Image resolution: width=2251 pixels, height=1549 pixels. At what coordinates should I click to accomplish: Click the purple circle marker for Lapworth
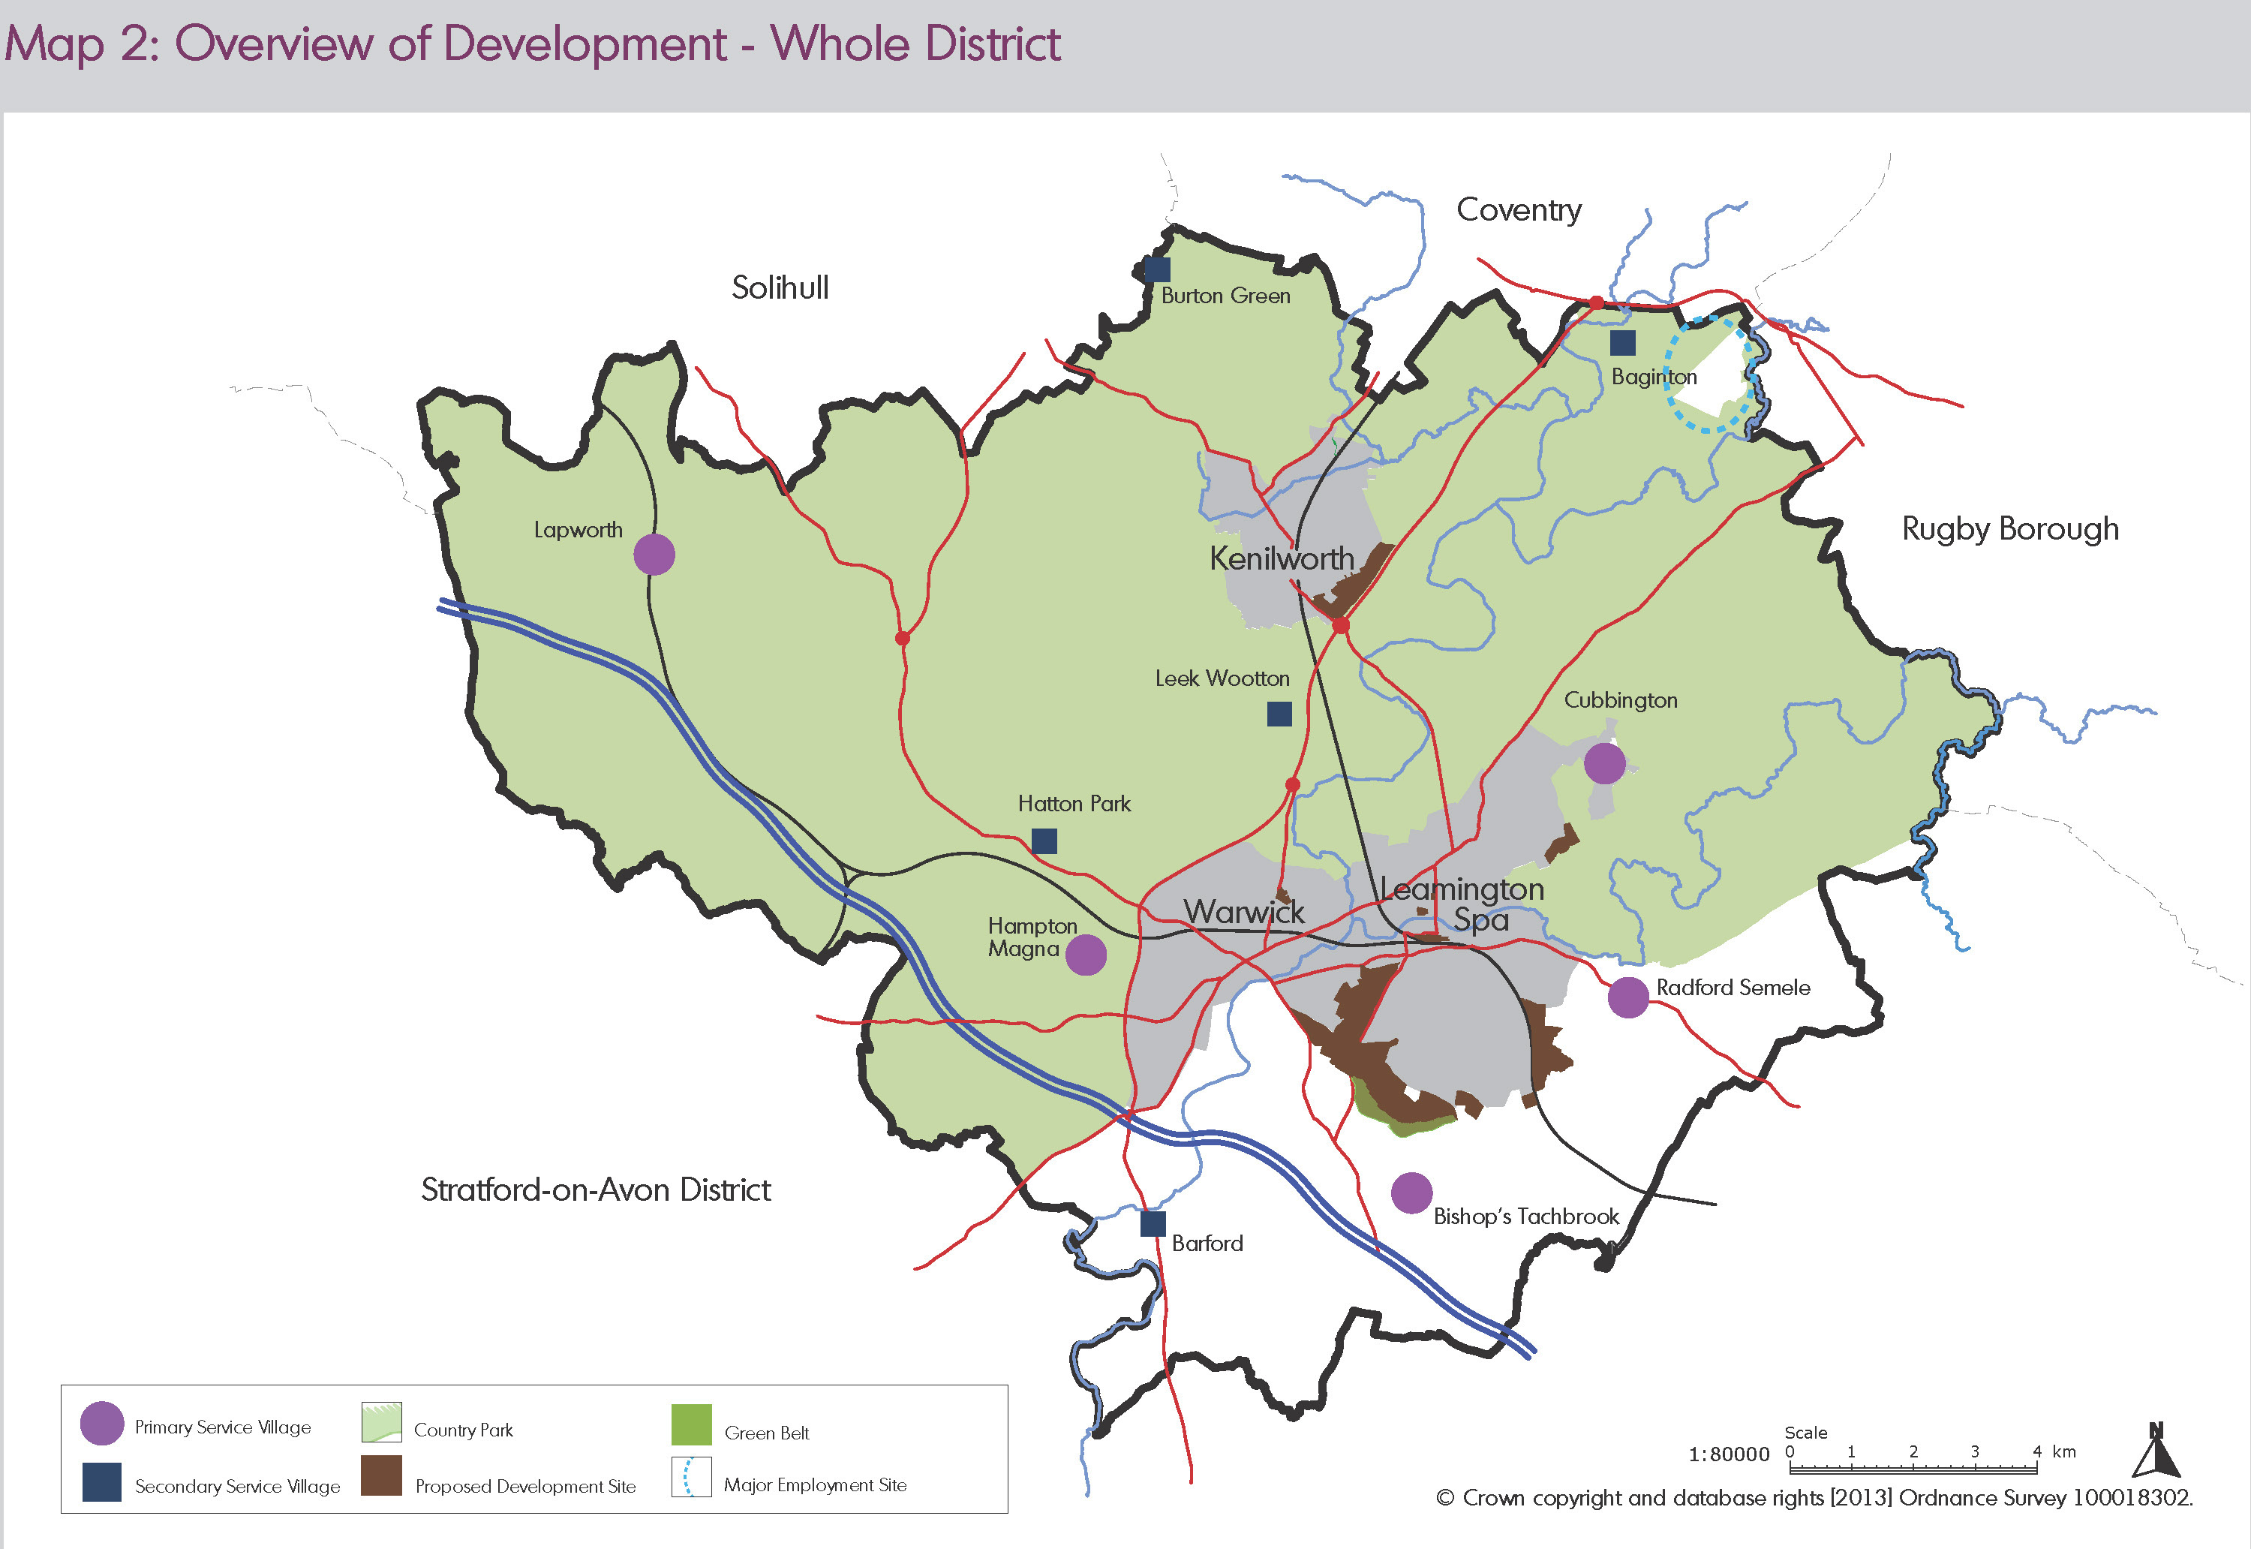tap(654, 554)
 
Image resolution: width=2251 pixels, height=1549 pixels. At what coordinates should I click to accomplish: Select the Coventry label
tap(1519, 209)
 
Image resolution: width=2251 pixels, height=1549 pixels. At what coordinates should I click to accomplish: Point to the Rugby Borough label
tap(2009, 529)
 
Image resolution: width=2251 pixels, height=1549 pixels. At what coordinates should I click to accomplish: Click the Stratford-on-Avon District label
tap(596, 1190)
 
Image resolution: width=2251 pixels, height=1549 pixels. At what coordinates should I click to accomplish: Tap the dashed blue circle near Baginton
tap(1712, 374)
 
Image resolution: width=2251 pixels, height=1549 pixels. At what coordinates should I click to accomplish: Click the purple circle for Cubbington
tap(1604, 762)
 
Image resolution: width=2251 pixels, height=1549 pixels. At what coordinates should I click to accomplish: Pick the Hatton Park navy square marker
tap(1044, 841)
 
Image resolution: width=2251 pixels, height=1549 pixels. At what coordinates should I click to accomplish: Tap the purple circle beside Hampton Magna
tap(1086, 955)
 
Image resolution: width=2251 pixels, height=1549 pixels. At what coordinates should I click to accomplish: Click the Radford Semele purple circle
tap(1628, 997)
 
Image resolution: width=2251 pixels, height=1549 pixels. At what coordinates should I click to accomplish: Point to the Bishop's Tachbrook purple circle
tap(1411, 1193)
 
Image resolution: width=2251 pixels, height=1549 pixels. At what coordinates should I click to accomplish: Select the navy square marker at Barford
tap(1153, 1224)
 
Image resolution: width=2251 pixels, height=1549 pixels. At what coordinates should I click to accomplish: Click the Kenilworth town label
tap(1281, 559)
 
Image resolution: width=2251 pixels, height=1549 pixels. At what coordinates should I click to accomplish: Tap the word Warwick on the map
tap(1244, 913)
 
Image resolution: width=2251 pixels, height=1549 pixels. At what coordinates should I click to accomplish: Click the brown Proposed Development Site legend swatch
tap(381, 1475)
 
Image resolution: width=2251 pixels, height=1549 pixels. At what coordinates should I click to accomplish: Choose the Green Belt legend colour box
tap(691, 1424)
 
